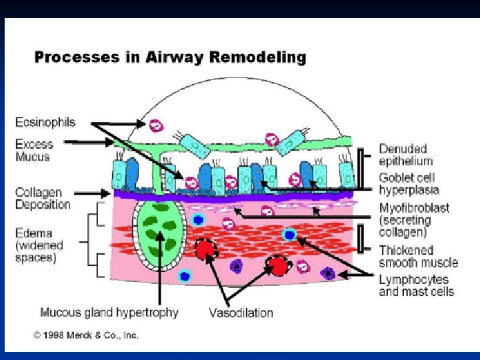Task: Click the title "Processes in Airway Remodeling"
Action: click(x=170, y=57)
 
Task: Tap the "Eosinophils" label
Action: click(x=45, y=123)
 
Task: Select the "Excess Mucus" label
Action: click(x=34, y=150)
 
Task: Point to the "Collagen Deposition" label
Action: click(x=43, y=199)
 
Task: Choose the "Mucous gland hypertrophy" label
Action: click(x=109, y=312)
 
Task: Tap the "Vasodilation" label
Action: click(x=241, y=312)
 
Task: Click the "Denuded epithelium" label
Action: click(x=406, y=155)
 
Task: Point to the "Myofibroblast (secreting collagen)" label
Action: click(x=414, y=220)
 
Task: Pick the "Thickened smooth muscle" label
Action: click(x=419, y=257)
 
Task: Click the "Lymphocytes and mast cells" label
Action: click(x=416, y=285)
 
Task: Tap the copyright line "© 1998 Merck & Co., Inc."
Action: click(x=86, y=335)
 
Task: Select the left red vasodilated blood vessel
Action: click(x=206, y=251)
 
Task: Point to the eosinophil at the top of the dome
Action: click(x=155, y=125)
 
